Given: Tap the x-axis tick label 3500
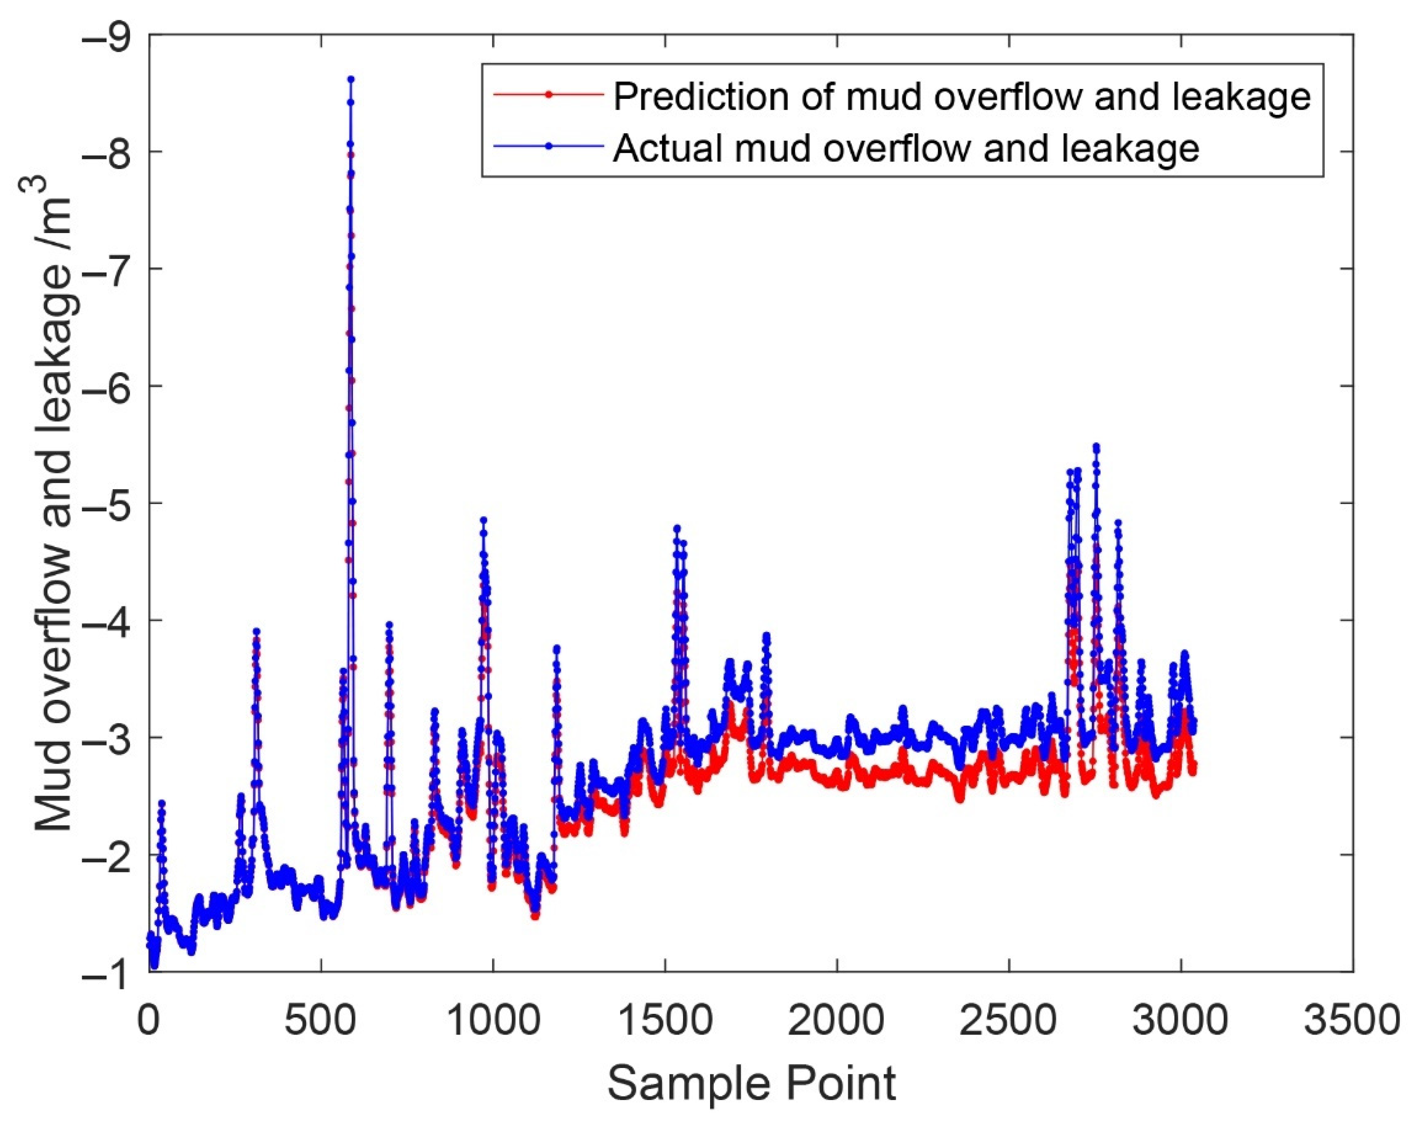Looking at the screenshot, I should [1352, 1021].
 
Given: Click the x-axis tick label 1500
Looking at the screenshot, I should [665, 1021].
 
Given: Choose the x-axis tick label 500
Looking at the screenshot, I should [321, 1021].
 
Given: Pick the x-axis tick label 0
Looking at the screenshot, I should [149, 1021].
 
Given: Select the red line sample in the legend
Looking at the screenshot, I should [549, 94].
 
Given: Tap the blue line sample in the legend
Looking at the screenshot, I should [549, 147].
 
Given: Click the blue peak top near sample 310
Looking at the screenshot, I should [256, 631].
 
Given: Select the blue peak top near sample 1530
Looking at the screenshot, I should [677, 528].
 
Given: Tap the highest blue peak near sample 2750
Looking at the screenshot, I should [1096, 447].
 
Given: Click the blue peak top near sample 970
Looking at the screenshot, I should [483, 520].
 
